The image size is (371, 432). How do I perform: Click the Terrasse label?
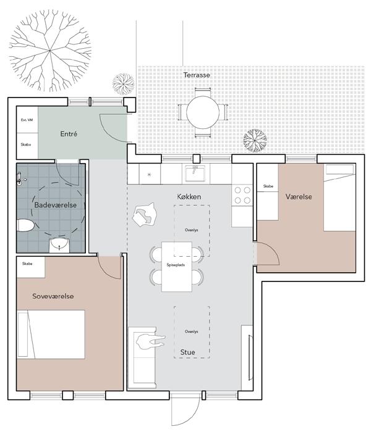197,75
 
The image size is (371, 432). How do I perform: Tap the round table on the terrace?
203,112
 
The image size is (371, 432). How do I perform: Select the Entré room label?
69,134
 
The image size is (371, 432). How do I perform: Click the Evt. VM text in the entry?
27,120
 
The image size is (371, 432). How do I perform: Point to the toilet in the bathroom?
25,225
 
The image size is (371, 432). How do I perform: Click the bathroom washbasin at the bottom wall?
59,245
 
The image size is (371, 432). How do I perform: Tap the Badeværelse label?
56,205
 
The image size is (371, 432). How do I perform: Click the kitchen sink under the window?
195,173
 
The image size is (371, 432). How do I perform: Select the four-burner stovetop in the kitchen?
242,195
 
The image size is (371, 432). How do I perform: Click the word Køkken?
189,197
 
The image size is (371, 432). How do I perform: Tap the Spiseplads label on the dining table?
176,265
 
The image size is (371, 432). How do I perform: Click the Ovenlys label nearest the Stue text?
191,332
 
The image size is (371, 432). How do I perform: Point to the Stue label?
188,352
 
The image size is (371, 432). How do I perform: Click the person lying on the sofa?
150,341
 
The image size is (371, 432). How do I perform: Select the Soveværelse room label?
53,296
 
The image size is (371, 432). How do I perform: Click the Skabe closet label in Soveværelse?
27,264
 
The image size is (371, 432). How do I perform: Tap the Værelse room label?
299,197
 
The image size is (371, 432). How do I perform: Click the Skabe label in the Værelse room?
268,186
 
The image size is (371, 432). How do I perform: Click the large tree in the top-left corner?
50,51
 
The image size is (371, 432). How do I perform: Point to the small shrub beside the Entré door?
124,84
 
